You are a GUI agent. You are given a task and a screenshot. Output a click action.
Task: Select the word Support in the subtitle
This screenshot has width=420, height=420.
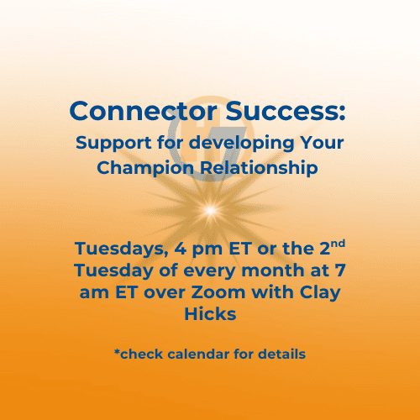tap(111, 142)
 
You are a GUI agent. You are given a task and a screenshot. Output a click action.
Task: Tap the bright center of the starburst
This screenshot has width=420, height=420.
tap(209, 204)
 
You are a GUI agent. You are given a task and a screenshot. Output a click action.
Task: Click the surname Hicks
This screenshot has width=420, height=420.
tap(209, 313)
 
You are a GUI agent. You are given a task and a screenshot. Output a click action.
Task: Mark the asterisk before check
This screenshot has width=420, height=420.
tap(117, 353)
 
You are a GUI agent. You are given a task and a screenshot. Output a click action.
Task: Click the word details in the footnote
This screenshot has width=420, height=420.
tap(282, 354)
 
